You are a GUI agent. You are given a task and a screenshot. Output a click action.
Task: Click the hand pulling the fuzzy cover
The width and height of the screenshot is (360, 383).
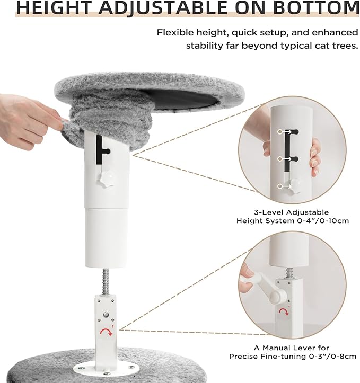point(29,121)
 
